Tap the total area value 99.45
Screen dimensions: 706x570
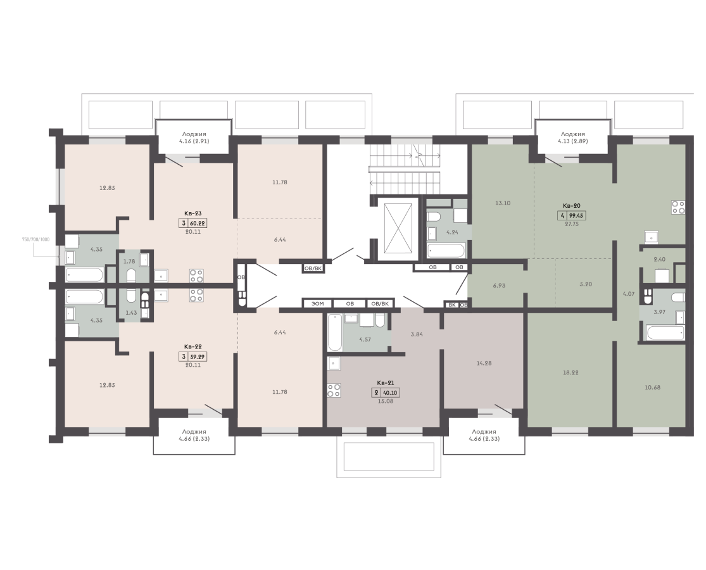tap(576, 216)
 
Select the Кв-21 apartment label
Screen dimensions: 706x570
tap(386, 383)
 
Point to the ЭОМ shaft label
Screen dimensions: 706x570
tap(317, 304)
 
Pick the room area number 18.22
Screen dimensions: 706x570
tap(570, 373)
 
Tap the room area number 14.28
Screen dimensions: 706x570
tap(484, 363)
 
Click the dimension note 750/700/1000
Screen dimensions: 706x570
tap(35, 239)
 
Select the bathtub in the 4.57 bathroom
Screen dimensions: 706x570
tap(334, 333)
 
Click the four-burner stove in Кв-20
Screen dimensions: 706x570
tap(678, 206)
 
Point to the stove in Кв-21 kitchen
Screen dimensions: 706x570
tap(334, 390)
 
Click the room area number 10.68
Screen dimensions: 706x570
tap(652, 387)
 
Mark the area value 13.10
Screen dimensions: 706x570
tap(503, 203)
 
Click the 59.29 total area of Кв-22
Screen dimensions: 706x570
tap(198, 357)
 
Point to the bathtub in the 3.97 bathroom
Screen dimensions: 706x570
tap(665, 333)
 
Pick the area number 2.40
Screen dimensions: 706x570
tap(660, 259)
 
